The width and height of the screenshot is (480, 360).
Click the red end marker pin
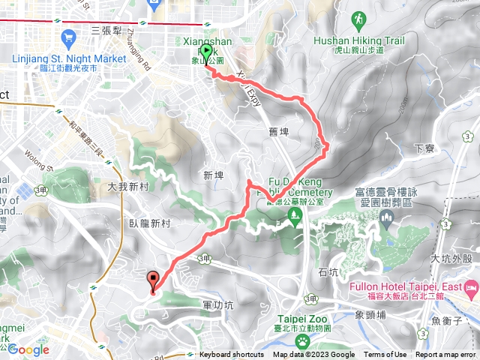pyautogui.click(x=154, y=281)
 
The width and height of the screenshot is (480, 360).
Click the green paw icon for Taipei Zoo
pyautogui.click(x=302, y=340)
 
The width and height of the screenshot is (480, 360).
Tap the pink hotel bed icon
pyautogui.click(x=472, y=288)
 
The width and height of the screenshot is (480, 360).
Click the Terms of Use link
pyautogui.click(x=385, y=355)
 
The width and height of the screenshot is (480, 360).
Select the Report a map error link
pyautogui.click(x=446, y=355)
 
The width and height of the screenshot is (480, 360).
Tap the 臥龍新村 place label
pyautogui.click(x=150, y=223)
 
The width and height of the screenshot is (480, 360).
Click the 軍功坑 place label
pyautogui.click(x=218, y=305)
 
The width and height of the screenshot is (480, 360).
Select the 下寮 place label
pyautogui.click(x=424, y=148)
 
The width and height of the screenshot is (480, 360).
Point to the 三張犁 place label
pyautogui.click(x=106, y=31)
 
